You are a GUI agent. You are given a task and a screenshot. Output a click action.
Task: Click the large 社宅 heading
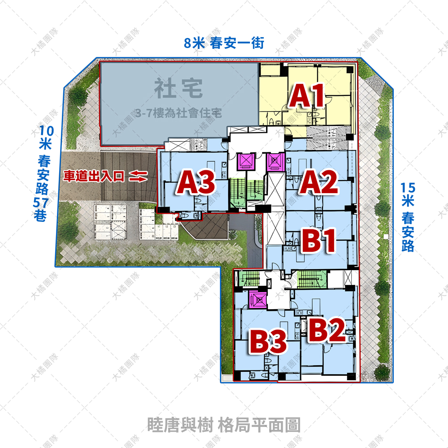tap(178, 88)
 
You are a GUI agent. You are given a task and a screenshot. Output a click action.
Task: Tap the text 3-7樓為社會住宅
tap(178, 113)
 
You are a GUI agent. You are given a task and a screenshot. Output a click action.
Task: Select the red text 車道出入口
tap(94, 177)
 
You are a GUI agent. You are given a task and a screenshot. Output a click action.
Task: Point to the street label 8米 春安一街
tap(224, 43)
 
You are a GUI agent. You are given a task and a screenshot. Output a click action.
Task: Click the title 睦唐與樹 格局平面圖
tap(224, 425)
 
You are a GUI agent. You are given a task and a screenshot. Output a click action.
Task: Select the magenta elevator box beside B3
tap(258, 299)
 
